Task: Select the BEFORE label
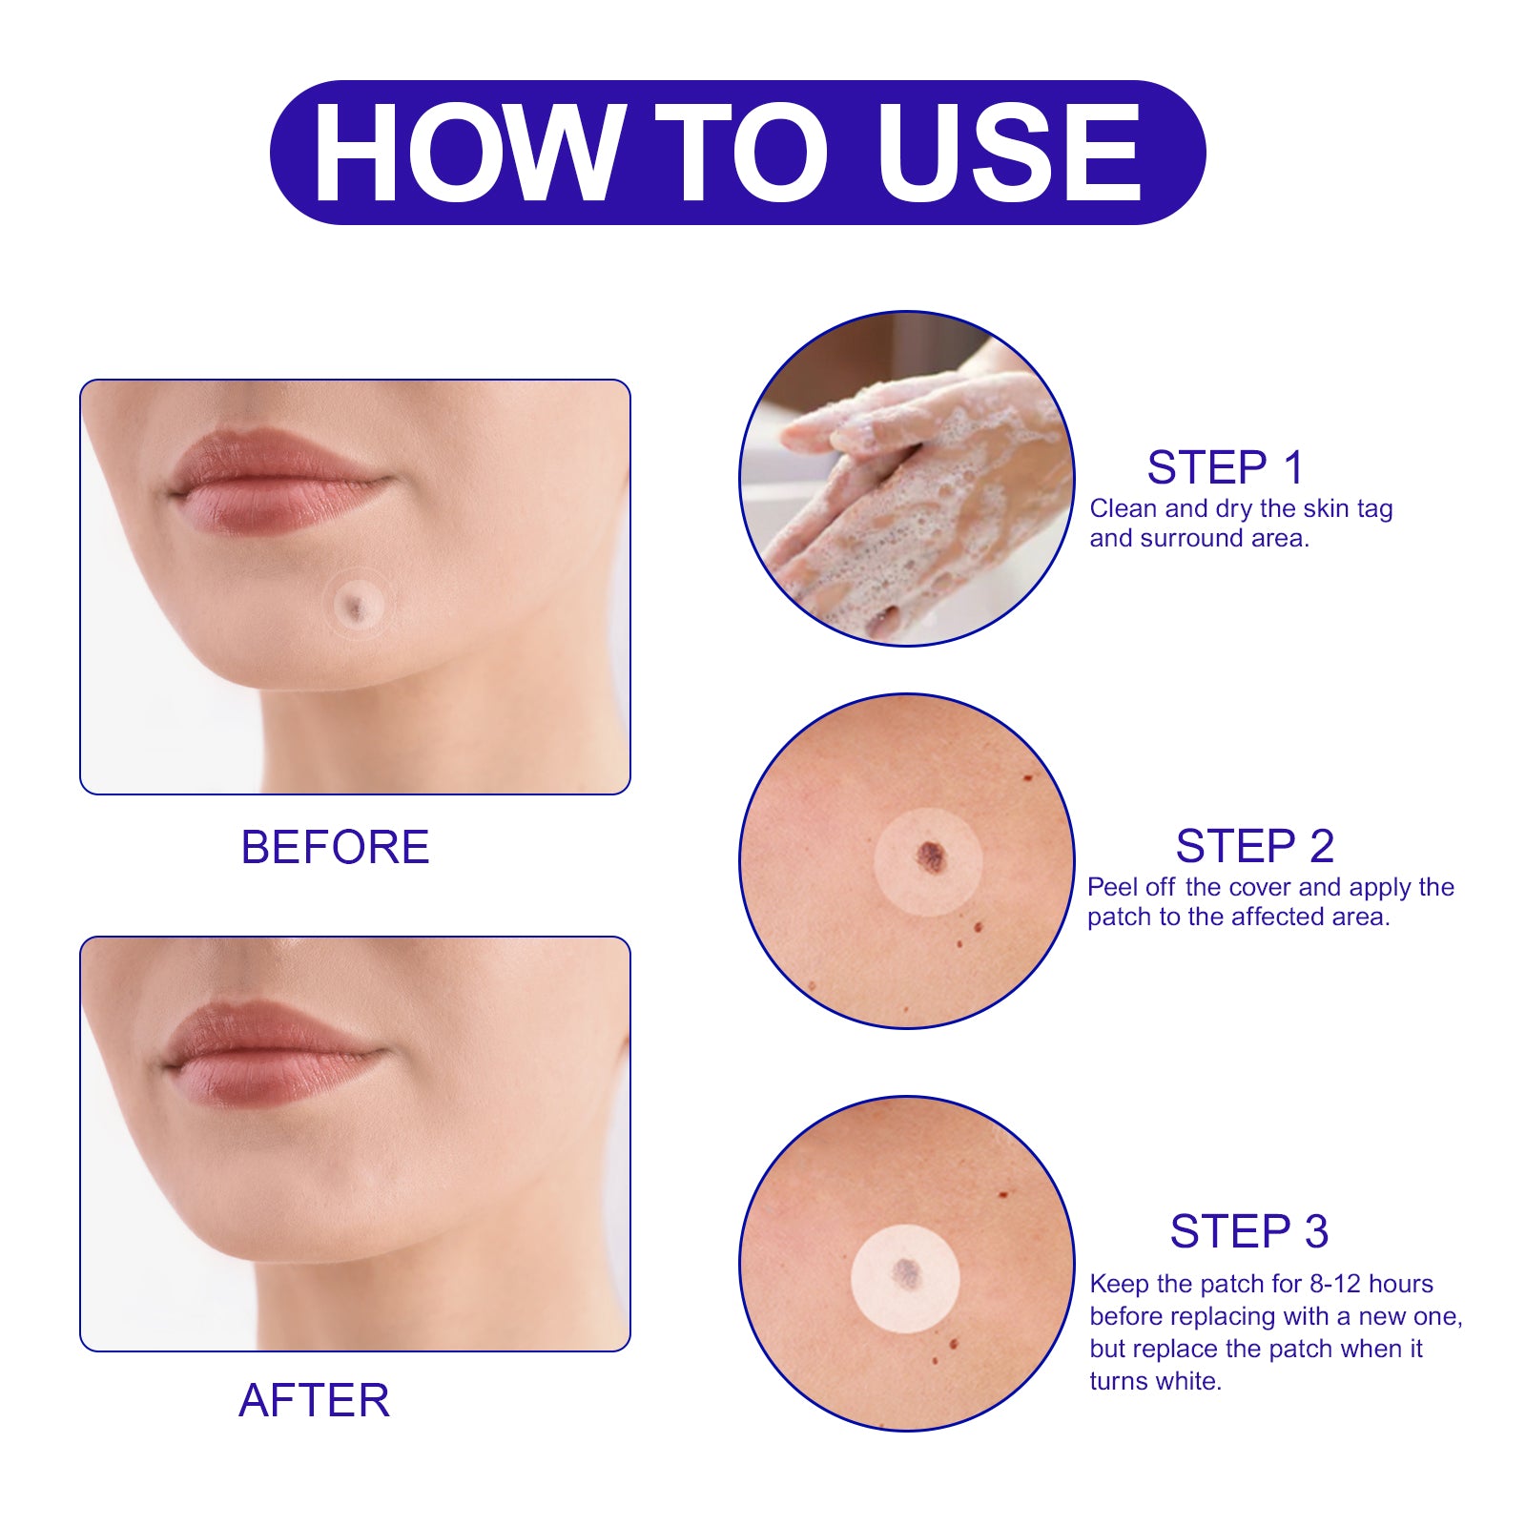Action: click(335, 847)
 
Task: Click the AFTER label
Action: click(314, 1400)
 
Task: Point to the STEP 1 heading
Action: click(1225, 467)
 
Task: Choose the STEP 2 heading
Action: click(1254, 846)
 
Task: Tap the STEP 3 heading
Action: click(1249, 1231)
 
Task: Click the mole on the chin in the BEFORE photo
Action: click(356, 608)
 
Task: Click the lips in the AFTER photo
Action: click(272, 1052)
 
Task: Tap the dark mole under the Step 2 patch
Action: click(931, 856)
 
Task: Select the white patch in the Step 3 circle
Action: click(905, 1278)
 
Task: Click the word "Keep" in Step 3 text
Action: click(1120, 1285)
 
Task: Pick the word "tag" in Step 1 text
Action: click(1374, 510)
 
